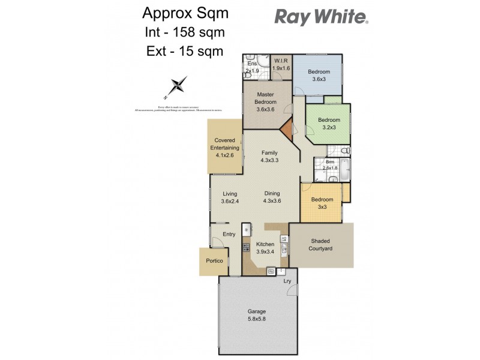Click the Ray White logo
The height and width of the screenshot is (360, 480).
click(322, 16)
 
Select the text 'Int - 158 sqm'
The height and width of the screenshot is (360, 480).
click(184, 32)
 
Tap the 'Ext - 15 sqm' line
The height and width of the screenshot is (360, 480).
click(184, 51)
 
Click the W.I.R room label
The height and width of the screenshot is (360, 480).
click(281, 64)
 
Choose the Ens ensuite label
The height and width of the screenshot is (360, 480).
click(251, 67)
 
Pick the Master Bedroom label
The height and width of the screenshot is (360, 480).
click(265, 102)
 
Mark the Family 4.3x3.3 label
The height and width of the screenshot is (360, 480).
click(269, 157)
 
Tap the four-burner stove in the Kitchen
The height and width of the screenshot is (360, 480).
click(246, 247)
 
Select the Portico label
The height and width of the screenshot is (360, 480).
click(214, 262)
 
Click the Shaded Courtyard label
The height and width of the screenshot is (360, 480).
click(320, 245)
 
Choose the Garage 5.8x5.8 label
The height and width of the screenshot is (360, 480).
click(257, 316)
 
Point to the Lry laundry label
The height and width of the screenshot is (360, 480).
click(287, 281)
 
